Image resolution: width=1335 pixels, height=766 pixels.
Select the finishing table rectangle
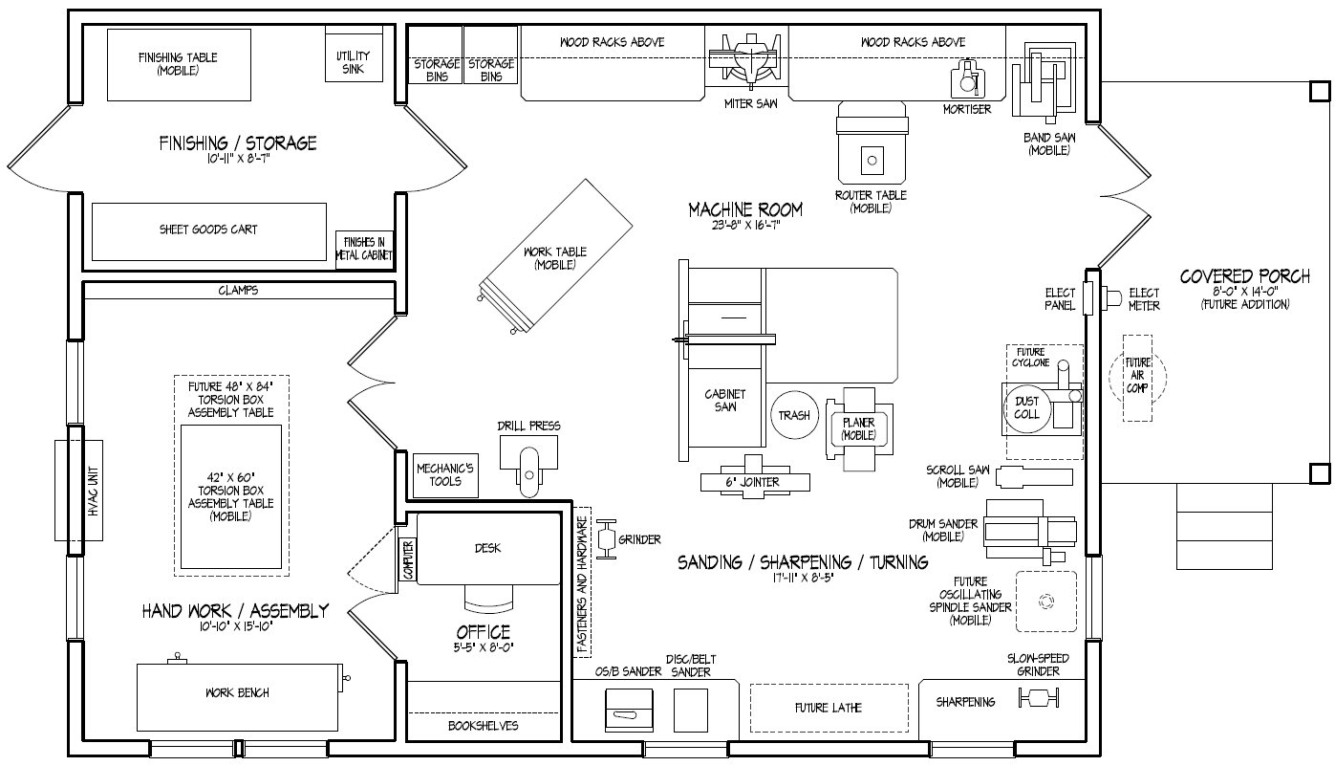(178, 64)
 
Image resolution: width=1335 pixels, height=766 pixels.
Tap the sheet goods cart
(208, 230)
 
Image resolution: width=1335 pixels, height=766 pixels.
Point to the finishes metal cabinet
(364, 250)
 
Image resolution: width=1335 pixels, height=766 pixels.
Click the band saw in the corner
(1049, 78)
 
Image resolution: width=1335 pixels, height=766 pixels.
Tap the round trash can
(794, 415)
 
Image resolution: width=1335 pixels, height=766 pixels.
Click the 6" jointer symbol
(755, 482)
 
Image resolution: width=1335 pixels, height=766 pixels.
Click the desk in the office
(488, 548)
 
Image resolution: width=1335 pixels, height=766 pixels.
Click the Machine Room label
(745, 209)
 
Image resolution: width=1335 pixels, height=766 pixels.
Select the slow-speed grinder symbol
(1038, 701)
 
